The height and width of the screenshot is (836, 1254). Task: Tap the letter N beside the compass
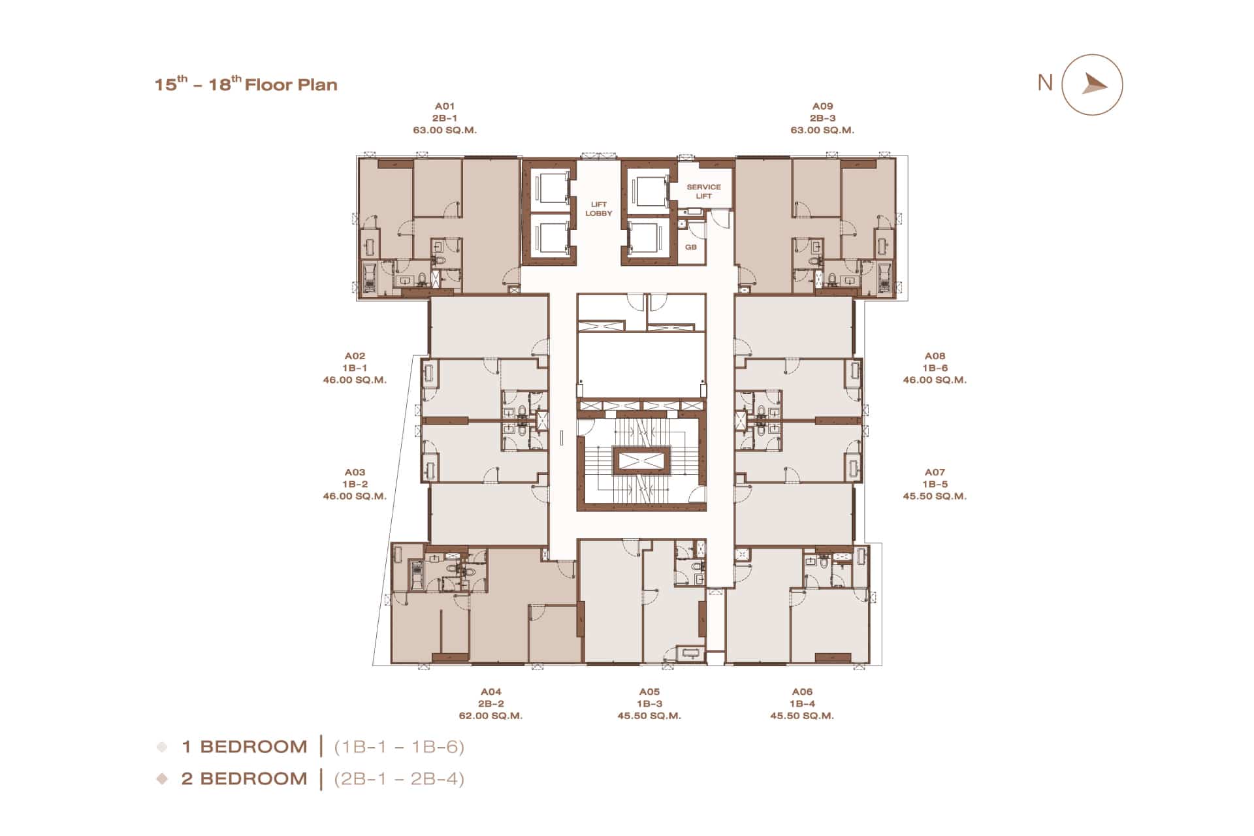coord(1045,83)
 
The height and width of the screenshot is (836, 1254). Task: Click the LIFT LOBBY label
coord(599,209)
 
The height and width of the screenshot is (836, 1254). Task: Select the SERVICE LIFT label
coord(703,191)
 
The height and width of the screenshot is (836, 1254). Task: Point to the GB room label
coord(691,247)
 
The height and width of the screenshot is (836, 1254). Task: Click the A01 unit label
coord(445,106)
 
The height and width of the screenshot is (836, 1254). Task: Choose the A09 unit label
coord(823,106)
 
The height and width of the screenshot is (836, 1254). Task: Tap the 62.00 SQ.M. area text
coord(490,716)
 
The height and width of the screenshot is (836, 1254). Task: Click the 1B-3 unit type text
coord(649,704)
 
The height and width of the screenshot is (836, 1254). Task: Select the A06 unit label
coord(802,692)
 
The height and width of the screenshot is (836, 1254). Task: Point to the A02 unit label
coord(355,356)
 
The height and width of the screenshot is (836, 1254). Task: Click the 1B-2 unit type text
coord(355,485)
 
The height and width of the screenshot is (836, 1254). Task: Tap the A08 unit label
coord(935,356)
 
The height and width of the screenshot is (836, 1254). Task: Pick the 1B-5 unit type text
coord(935,485)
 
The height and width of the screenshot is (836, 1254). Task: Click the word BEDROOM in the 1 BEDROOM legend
coord(253,747)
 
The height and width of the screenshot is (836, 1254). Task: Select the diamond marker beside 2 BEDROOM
coord(162,779)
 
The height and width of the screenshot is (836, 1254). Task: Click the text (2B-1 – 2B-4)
coord(399,779)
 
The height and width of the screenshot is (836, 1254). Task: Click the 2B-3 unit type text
coord(823,118)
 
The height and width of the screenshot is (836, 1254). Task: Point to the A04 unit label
coord(491,692)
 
